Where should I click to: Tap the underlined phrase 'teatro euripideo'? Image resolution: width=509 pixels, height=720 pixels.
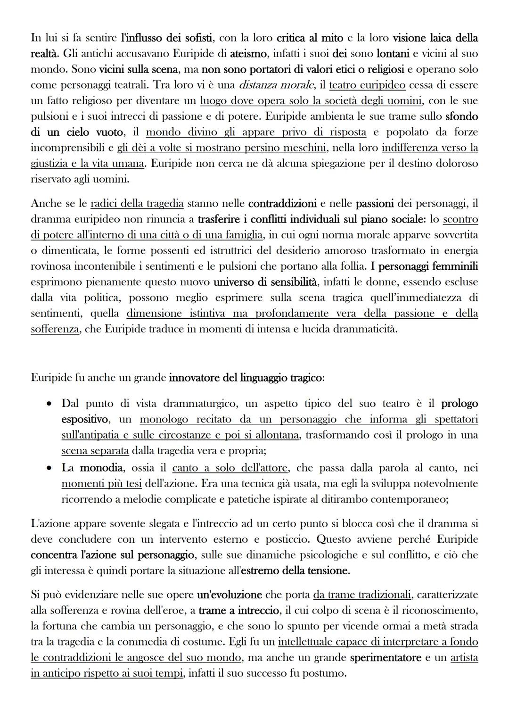(x=367, y=85)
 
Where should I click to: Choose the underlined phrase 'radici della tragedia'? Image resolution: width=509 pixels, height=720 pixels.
(x=137, y=204)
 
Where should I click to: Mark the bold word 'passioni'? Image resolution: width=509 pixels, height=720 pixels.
(x=375, y=204)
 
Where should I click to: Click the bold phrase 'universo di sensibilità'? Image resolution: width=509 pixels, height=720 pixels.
(x=266, y=282)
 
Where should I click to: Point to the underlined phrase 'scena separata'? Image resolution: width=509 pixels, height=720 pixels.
(x=95, y=451)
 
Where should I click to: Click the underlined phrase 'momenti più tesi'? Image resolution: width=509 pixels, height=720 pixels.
(x=101, y=484)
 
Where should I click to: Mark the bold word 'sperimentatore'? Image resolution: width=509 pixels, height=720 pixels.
(x=385, y=658)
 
